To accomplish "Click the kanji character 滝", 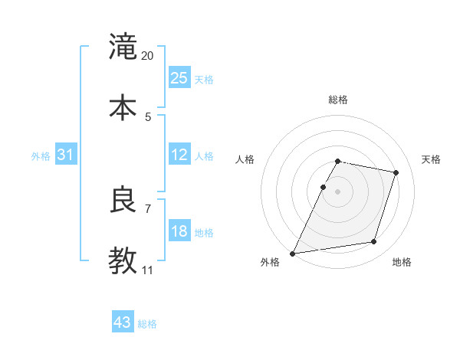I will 123,47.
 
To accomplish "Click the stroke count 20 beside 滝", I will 148,56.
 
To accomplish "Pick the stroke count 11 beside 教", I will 148,270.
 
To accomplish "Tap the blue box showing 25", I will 179,78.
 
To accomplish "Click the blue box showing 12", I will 179,155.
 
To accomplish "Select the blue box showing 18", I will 179,231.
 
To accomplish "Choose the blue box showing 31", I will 66,155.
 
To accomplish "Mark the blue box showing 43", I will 123,322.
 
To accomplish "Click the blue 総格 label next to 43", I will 147,324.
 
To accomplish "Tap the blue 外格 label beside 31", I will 41,156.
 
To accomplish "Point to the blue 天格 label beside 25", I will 204,80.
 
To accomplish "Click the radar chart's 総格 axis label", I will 338,100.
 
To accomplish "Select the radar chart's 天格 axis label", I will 431,159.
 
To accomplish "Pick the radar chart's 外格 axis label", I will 270,263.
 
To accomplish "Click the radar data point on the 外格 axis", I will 293,254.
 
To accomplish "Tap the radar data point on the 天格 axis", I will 396,172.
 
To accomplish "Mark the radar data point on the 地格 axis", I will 373,242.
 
